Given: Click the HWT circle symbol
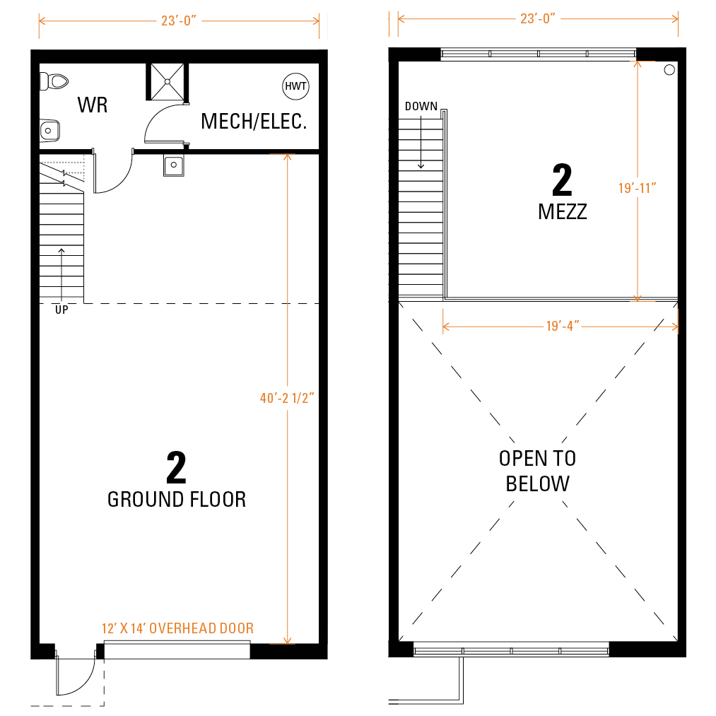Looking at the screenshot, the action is coord(296,86).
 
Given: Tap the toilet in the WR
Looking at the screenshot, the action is coord(54,82).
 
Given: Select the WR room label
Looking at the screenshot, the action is coord(93,105).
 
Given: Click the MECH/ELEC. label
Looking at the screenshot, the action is coord(254,122).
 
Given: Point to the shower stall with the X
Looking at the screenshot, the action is coord(167,82).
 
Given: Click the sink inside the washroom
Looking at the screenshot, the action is coord(49,131).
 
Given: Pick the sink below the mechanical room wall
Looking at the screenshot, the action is coord(173,165).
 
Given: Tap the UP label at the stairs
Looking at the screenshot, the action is coord(61,310).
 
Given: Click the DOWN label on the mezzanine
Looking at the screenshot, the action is coord(421,107).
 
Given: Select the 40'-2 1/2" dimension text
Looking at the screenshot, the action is coord(287,398).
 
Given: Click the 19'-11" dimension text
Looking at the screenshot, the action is coord(638,188).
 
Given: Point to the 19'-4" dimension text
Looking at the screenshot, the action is coord(563,326).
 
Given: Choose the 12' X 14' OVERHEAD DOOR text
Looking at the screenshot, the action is coord(177,628).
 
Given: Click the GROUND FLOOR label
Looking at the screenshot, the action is coord(177,500).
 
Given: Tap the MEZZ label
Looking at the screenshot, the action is coord(563,212).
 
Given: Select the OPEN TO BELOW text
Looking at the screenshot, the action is coord(537,471).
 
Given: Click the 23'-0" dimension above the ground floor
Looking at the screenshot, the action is coord(179,21).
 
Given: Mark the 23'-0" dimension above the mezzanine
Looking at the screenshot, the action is coord(538,18).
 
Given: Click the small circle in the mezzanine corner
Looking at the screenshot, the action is coord(669,70).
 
